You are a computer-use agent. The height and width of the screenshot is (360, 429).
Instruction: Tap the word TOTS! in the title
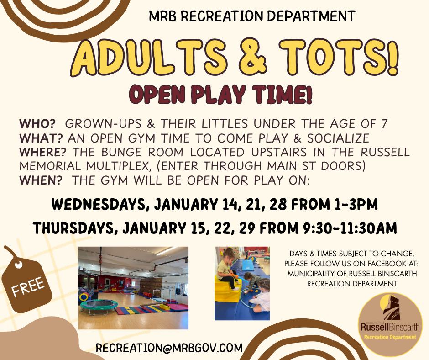pyautogui.click(x=339, y=57)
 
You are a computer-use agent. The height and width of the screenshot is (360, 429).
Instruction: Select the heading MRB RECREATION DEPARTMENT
pyautogui.click(x=252, y=16)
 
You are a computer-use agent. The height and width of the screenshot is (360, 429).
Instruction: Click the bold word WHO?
pyautogui.click(x=37, y=124)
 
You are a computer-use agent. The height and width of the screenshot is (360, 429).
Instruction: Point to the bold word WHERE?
pyautogui.click(x=43, y=152)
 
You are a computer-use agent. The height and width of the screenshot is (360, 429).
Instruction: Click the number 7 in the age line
pyautogui.click(x=384, y=124)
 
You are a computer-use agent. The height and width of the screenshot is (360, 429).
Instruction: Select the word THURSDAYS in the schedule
pyautogui.click(x=74, y=228)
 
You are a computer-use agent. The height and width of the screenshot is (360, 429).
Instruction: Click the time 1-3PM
pyautogui.click(x=356, y=204)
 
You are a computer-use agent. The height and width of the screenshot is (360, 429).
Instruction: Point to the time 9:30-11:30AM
pyautogui.click(x=350, y=228)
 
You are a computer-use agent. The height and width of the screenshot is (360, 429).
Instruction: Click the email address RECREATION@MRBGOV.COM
pyautogui.click(x=169, y=348)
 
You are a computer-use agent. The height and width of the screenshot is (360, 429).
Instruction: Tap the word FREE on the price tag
pyautogui.click(x=28, y=287)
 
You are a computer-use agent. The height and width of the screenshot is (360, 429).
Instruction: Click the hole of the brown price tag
pyautogui.click(x=19, y=265)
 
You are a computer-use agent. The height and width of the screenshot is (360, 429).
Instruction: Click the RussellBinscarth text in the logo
pyautogui.click(x=390, y=327)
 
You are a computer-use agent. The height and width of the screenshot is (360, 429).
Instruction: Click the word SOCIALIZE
pyautogui.click(x=338, y=138)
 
